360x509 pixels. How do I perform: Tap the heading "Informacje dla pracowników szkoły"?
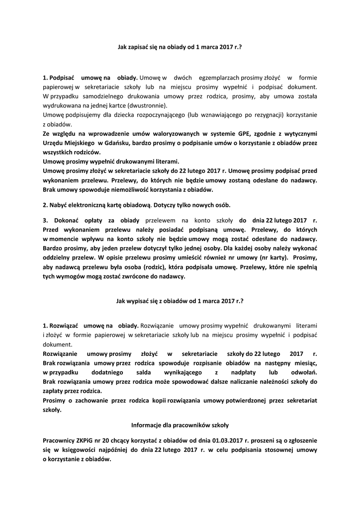pos(180,425)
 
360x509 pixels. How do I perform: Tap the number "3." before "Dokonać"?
pos(45,221)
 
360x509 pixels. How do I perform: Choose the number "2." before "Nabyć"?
pos(45,205)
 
